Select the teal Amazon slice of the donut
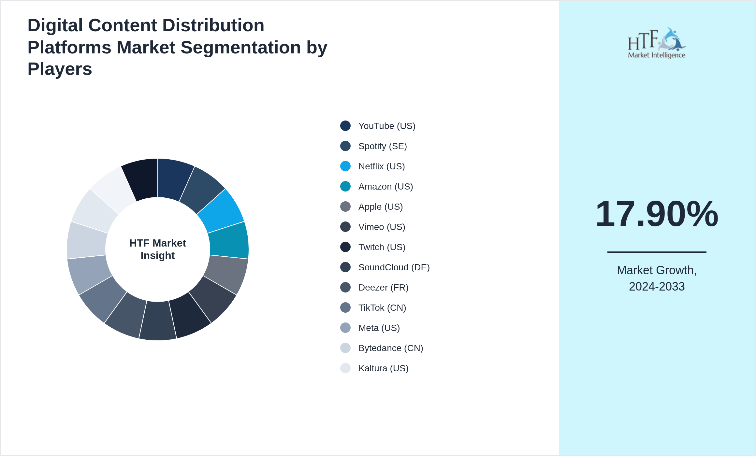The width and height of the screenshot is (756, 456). point(229,240)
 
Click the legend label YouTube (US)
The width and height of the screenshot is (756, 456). point(386,126)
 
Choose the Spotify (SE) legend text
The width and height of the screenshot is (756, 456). point(382,146)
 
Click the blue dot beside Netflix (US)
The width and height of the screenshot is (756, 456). point(345,166)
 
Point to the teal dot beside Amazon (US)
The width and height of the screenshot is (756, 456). point(345,186)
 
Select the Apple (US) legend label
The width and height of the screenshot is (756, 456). point(380,207)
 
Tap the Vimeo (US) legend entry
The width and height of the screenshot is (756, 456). point(382,227)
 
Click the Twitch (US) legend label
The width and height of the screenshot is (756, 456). point(382,247)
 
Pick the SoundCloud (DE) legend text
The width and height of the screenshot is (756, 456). point(394,267)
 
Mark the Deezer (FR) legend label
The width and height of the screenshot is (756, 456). point(383,288)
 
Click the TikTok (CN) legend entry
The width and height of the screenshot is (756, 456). point(382,308)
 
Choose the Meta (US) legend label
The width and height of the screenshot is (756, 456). point(379,328)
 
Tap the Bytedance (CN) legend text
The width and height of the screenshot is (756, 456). point(390,348)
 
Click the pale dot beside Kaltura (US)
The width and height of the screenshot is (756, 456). point(345,368)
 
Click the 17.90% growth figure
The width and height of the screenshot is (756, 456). point(657,214)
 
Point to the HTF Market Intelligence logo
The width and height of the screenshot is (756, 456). point(657,43)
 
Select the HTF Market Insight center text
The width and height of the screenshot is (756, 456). point(158,249)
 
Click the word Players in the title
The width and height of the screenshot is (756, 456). point(60,69)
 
